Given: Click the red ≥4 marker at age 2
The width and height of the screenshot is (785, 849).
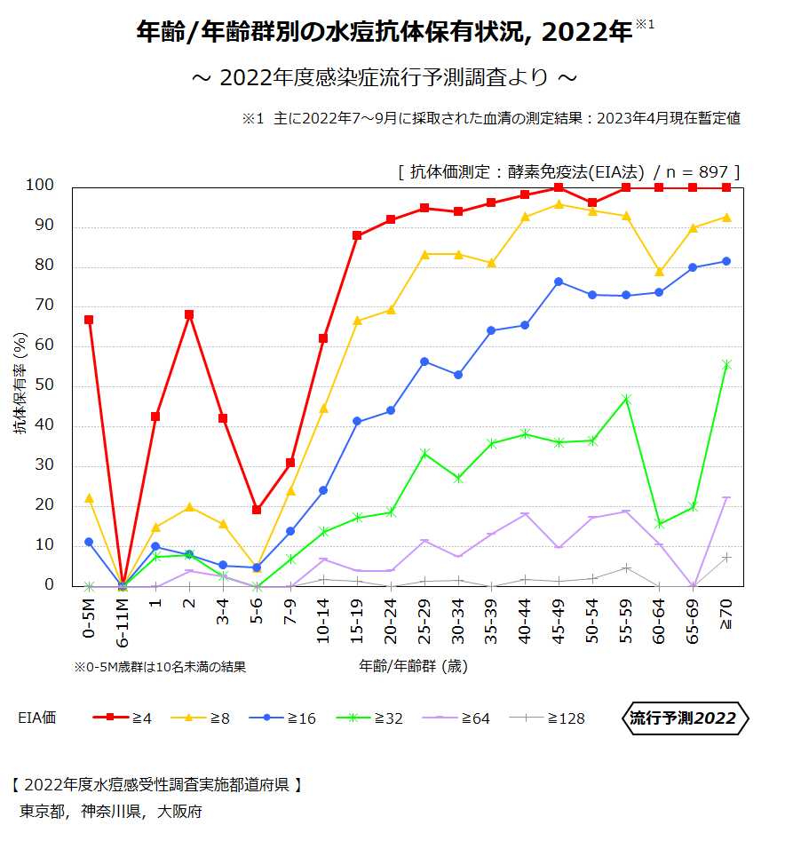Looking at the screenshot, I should coord(189,314).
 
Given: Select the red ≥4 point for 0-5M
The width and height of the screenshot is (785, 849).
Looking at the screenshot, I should coord(89,320).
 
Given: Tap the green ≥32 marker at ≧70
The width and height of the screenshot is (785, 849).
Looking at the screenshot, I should coord(726,364).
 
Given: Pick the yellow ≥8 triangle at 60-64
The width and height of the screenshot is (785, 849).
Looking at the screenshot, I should coord(659,272).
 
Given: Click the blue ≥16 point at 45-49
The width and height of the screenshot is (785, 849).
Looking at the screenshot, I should coord(559,282).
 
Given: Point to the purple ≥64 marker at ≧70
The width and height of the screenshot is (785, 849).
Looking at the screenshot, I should coord(726,498).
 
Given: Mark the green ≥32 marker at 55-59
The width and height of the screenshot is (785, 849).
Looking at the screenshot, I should coord(626,399).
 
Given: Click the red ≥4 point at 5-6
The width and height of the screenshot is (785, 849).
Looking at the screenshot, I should coord(257,510).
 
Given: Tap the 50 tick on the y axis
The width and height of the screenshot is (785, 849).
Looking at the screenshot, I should coord(44,385).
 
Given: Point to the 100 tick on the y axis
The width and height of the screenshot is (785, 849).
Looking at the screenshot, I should coord(40,186).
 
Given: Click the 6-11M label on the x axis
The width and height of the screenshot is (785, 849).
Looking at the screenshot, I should coord(123,624).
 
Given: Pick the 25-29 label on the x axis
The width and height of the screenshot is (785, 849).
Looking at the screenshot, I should coord(424,621).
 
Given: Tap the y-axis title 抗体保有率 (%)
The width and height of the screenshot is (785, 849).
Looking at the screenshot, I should coord(20,384).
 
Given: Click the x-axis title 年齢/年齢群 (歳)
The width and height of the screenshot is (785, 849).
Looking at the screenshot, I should coord(414,665).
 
